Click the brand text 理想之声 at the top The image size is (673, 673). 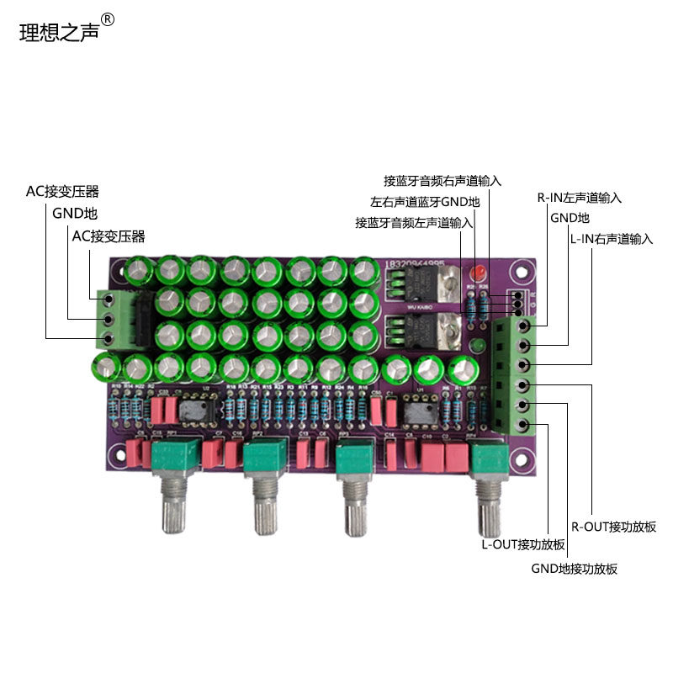point(59,31)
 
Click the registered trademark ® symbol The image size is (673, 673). point(107,19)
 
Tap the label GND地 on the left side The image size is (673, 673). point(75,214)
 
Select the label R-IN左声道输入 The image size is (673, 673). point(580,199)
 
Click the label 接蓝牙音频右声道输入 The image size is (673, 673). point(442,180)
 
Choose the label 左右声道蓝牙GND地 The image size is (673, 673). point(425,202)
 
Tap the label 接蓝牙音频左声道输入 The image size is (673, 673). point(414,223)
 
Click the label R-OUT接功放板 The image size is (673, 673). point(613,527)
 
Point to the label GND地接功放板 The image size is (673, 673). point(574,569)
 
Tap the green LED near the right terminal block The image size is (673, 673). point(477,346)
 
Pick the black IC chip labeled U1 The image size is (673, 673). point(416,411)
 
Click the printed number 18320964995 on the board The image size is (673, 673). point(414,262)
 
